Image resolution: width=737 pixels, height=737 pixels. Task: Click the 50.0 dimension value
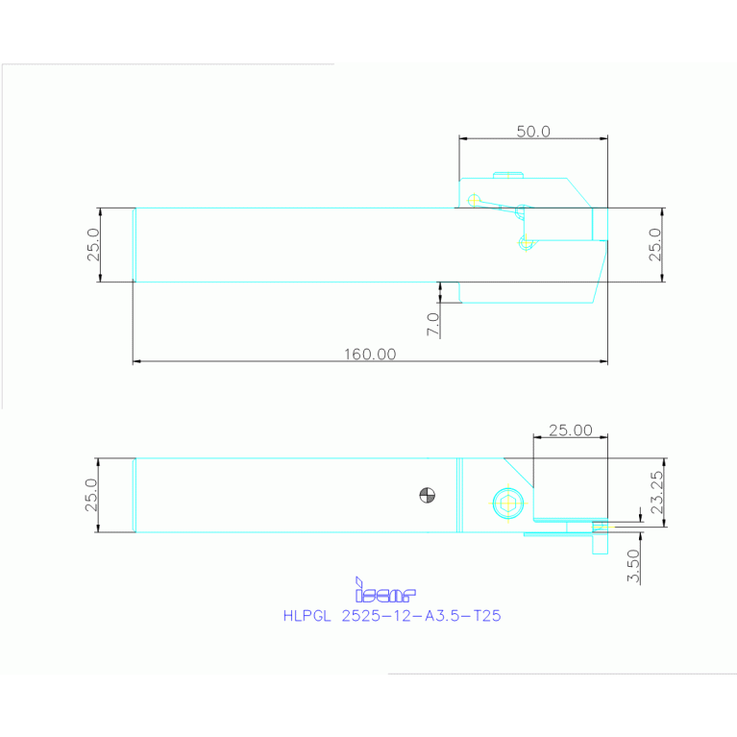pyautogui.click(x=533, y=132)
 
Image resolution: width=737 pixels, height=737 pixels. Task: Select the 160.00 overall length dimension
pyautogui.click(x=370, y=354)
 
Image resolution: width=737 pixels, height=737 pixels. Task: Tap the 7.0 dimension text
pyautogui.click(x=432, y=324)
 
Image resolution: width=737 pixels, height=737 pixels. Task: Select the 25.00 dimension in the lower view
pyautogui.click(x=570, y=430)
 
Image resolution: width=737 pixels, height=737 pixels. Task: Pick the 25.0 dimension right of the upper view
pyautogui.click(x=654, y=245)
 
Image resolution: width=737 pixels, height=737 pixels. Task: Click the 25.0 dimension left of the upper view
pyautogui.click(x=93, y=245)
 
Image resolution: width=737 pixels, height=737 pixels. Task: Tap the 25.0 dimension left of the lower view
pyautogui.click(x=92, y=495)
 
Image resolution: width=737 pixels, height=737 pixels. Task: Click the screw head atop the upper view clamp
pyautogui.click(x=509, y=175)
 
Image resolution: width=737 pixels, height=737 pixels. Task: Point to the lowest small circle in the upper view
pyautogui.click(x=525, y=243)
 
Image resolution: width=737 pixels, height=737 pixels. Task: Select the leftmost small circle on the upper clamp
pyautogui.click(x=474, y=199)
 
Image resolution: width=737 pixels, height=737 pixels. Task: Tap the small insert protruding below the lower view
pyautogui.click(x=600, y=541)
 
